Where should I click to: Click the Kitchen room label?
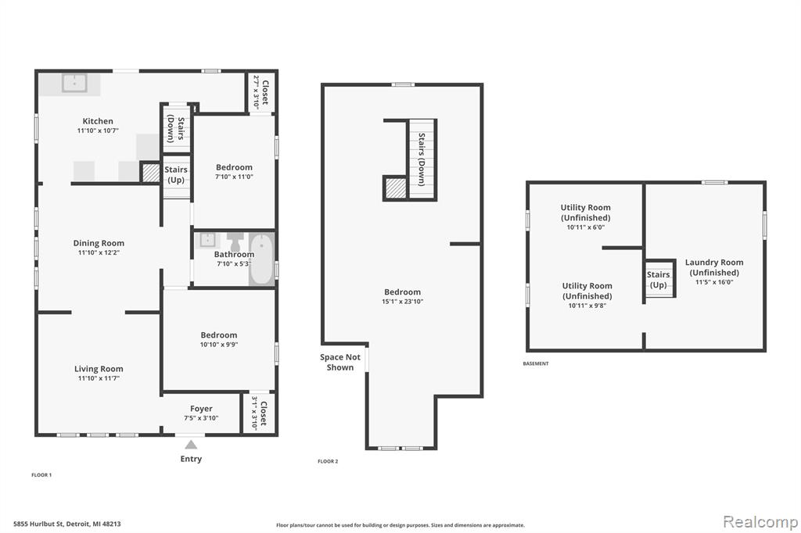(x=98, y=121)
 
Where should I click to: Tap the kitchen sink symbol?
(x=74, y=83)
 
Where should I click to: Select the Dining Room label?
(x=99, y=243)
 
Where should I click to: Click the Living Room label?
(x=99, y=369)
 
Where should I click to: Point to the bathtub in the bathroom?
(x=261, y=259)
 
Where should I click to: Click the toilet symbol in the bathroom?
(x=235, y=242)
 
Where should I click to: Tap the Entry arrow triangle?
(x=191, y=444)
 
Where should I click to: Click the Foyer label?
(x=201, y=409)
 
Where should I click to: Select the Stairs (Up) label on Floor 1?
(x=176, y=174)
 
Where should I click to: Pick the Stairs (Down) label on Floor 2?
(x=422, y=159)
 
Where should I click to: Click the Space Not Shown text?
(x=340, y=362)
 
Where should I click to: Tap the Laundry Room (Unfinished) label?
(x=714, y=267)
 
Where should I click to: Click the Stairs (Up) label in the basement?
(x=658, y=279)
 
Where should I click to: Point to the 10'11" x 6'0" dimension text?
(x=585, y=227)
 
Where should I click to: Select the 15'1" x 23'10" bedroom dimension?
(x=403, y=302)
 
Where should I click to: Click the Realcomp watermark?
(x=760, y=521)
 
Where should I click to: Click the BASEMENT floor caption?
(x=535, y=363)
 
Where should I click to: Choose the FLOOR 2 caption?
(x=328, y=461)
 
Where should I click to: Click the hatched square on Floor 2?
(x=396, y=188)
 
